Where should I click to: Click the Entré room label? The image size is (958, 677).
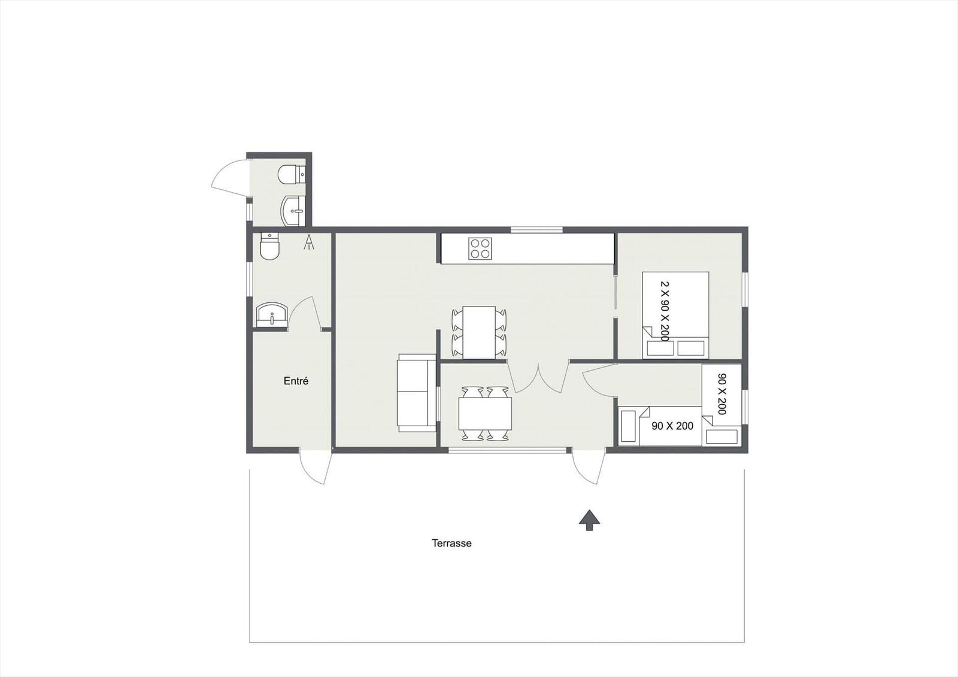click(x=296, y=381)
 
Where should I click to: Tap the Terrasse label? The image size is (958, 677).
click(x=451, y=544)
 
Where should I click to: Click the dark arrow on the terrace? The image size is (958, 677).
click(x=589, y=520)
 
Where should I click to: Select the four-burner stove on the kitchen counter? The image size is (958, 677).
click(x=480, y=248)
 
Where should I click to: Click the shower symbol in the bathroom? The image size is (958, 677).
click(x=309, y=242)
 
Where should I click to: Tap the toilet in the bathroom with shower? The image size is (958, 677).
click(x=270, y=246)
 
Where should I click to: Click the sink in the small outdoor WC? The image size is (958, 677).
click(x=293, y=211)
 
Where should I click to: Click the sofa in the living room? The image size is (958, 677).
click(x=416, y=392)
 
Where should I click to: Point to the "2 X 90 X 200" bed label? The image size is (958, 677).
click(x=664, y=311)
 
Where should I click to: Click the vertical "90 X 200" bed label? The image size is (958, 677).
click(x=721, y=394)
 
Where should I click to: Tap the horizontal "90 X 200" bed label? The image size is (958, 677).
click(x=672, y=426)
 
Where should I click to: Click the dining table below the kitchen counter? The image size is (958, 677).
click(x=479, y=332)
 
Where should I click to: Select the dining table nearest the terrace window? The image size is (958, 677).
click(x=485, y=414)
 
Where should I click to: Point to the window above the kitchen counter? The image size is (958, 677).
click(x=536, y=229)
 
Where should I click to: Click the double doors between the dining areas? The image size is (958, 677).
click(x=537, y=378)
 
